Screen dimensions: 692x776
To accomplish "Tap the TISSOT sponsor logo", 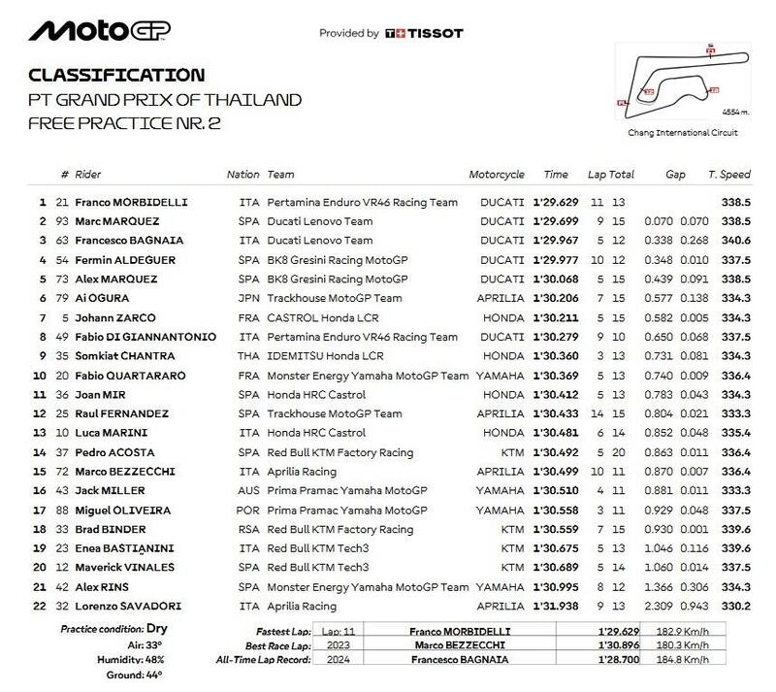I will pyautogui.click(x=424, y=33).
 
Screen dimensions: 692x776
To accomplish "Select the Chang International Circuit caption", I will pyautogui.click(x=669, y=132).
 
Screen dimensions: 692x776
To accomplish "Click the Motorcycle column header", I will pyautogui.click(x=497, y=175).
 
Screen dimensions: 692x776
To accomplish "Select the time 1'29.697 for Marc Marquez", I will pyautogui.click(x=556, y=221).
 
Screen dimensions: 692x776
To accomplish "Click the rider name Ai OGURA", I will pyautogui.click(x=108, y=298).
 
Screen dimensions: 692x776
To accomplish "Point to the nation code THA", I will pyautogui.click(x=249, y=355).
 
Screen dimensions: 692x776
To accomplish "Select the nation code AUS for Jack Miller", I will pyautogui.click(x=249, y=490).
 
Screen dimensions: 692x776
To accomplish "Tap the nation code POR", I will pyautogui.click(x=249, y=509).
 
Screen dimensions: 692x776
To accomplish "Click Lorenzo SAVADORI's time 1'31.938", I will pyautogui.click(x=556, y=605).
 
